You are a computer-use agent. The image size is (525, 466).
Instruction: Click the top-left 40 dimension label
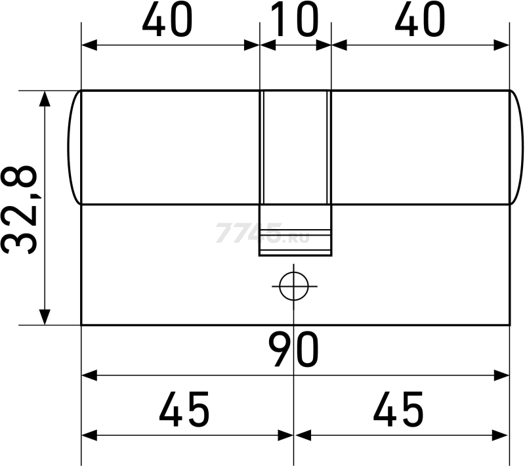coord(167,20)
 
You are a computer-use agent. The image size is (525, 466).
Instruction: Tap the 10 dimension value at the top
coord(294,20)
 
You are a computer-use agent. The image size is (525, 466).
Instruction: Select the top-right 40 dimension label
coord(420,20)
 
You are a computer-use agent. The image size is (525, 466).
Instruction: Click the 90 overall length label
coord(293,349)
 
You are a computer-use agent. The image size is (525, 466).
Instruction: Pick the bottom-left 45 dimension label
coord(184,410)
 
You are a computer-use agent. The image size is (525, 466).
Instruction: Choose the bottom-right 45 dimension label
coord(398,410)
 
